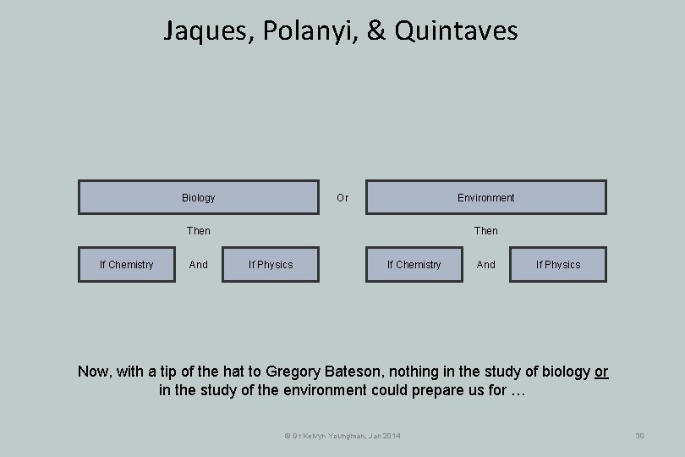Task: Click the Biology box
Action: [x=199, y=197]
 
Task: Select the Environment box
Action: [x=485, y=197]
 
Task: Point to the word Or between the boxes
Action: [x=342, y=197]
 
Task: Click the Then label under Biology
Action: [x=199, y=230]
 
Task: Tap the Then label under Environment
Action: [x=486, y=230]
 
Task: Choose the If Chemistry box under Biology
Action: [x=127, y=264]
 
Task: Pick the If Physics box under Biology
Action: [x=271, y=264]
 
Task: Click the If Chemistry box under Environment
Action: [x=414, y=264]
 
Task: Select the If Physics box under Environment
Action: [x=558, y=264]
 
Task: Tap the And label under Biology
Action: [x=199, y=264]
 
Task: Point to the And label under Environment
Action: [x=486, y=264]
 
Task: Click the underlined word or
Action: [x=601, y=372]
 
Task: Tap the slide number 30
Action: [x=639, y=435]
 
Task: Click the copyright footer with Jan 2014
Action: [x=342, y=435]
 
